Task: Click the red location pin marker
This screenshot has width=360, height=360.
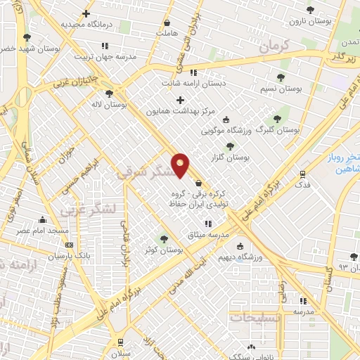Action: [181, 164]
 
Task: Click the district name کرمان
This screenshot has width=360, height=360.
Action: [274, 49]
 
